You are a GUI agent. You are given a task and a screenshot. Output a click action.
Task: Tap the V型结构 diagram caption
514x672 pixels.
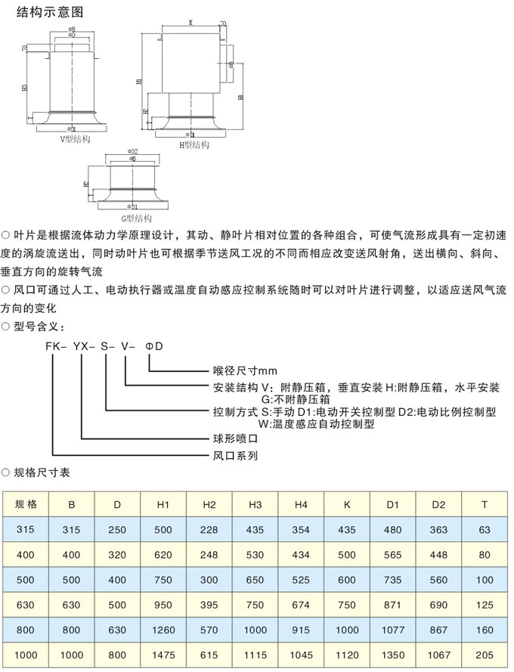75,139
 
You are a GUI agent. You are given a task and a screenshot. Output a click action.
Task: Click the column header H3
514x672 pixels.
255,503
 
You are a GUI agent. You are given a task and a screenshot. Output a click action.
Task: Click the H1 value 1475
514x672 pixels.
164,655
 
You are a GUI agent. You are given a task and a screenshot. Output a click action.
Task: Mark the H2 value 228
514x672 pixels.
209,529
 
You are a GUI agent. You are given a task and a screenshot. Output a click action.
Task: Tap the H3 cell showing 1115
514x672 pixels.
255,655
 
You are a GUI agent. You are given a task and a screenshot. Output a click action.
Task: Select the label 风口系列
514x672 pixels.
236,456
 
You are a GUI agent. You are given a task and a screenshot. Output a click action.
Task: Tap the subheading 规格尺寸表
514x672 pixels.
42,472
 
